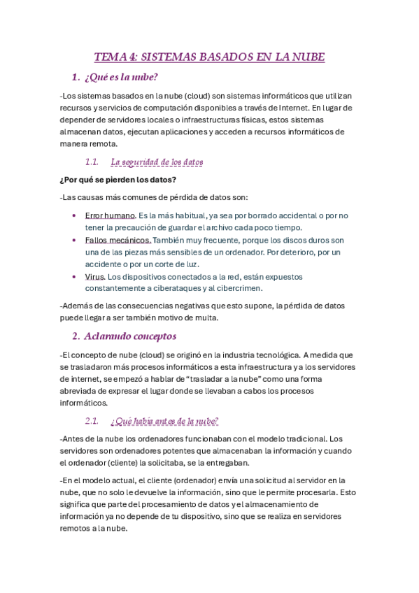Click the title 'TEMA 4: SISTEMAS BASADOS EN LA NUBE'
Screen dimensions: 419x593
(210, 57)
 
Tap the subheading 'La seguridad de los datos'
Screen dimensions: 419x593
(157, 162)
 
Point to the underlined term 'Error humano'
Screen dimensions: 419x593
(110, 215)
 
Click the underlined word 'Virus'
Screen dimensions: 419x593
(94, 276)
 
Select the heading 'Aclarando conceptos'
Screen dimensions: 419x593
(130, 336)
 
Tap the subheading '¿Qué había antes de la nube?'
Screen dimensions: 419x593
(165, 421)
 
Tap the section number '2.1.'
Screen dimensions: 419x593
(93, 421)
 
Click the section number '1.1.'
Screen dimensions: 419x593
(93, 162)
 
